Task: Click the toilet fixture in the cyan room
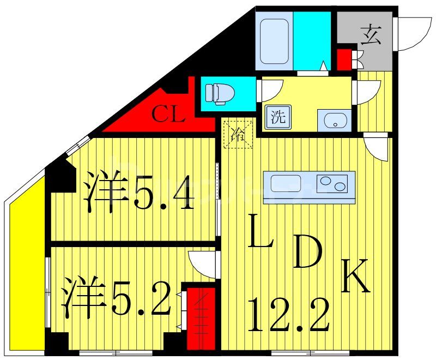pyautogui.click(x=216, y=93)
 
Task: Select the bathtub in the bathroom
pyautogui.click(x=275, y=41)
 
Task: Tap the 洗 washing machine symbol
pyautogui.click(x=278, y=117)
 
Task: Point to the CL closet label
pyautogui.click(x=168, y=115)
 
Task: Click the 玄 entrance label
pyautogui.click(x=370, y=35)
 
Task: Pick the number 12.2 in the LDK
pyautogui.click(x=288, y=315)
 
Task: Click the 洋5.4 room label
pyautogui.click(x=138, y=193)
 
